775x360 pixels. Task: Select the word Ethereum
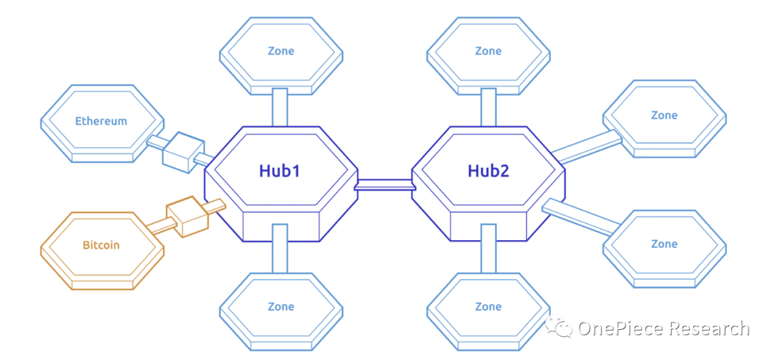[x=101, y=121]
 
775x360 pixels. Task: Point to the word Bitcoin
[x=100, y=245]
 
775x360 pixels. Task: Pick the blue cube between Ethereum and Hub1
[x=179, y=149]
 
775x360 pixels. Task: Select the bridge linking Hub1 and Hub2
[x=385, y=186]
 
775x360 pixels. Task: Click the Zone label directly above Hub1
[x=281, y=51]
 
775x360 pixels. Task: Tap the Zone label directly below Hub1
[x=281, y=306]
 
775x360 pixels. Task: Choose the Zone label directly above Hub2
[x=488, y=51]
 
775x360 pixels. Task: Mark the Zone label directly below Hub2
[x=488, y=306]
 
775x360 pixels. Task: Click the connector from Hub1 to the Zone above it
[x=280, y=108]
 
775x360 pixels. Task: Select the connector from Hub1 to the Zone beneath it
[x=280, y=247]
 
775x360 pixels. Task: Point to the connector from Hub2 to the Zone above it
[x=488, y=108]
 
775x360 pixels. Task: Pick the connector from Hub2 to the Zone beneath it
[x=488, y=247]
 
